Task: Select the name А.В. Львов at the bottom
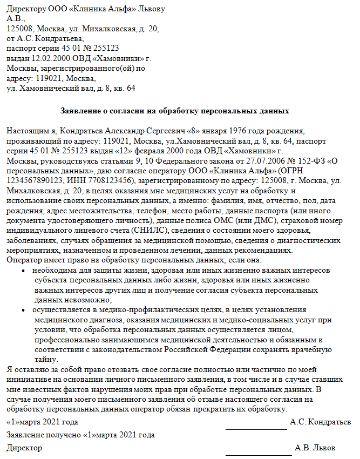coord(315,448)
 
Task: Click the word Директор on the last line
coord(24,448)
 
